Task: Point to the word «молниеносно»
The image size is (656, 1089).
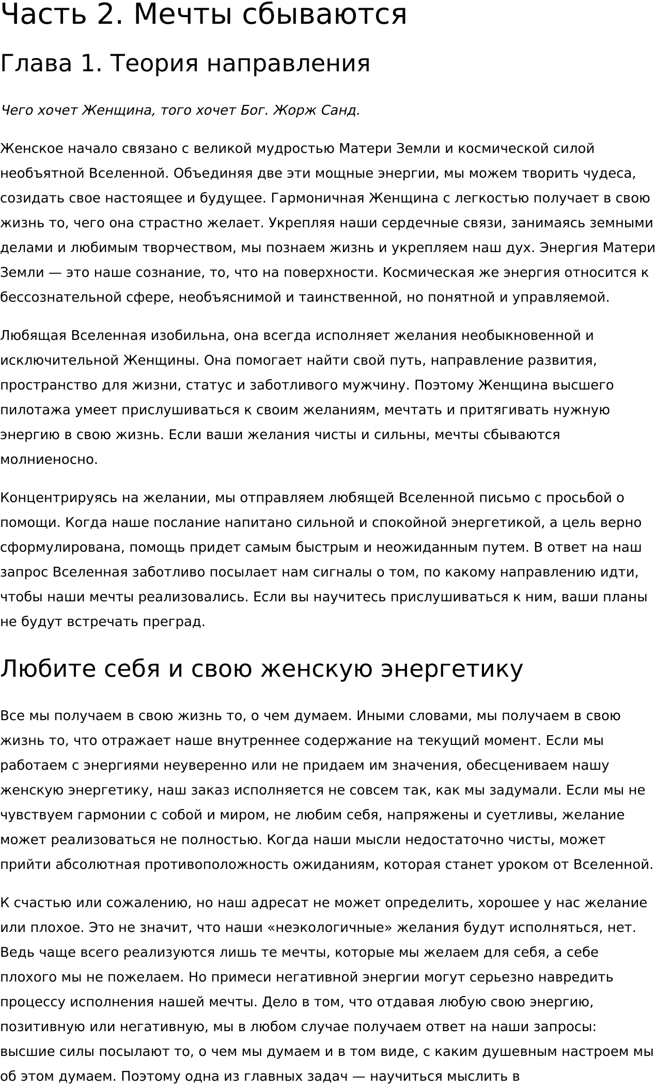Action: [x=48, y=460]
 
